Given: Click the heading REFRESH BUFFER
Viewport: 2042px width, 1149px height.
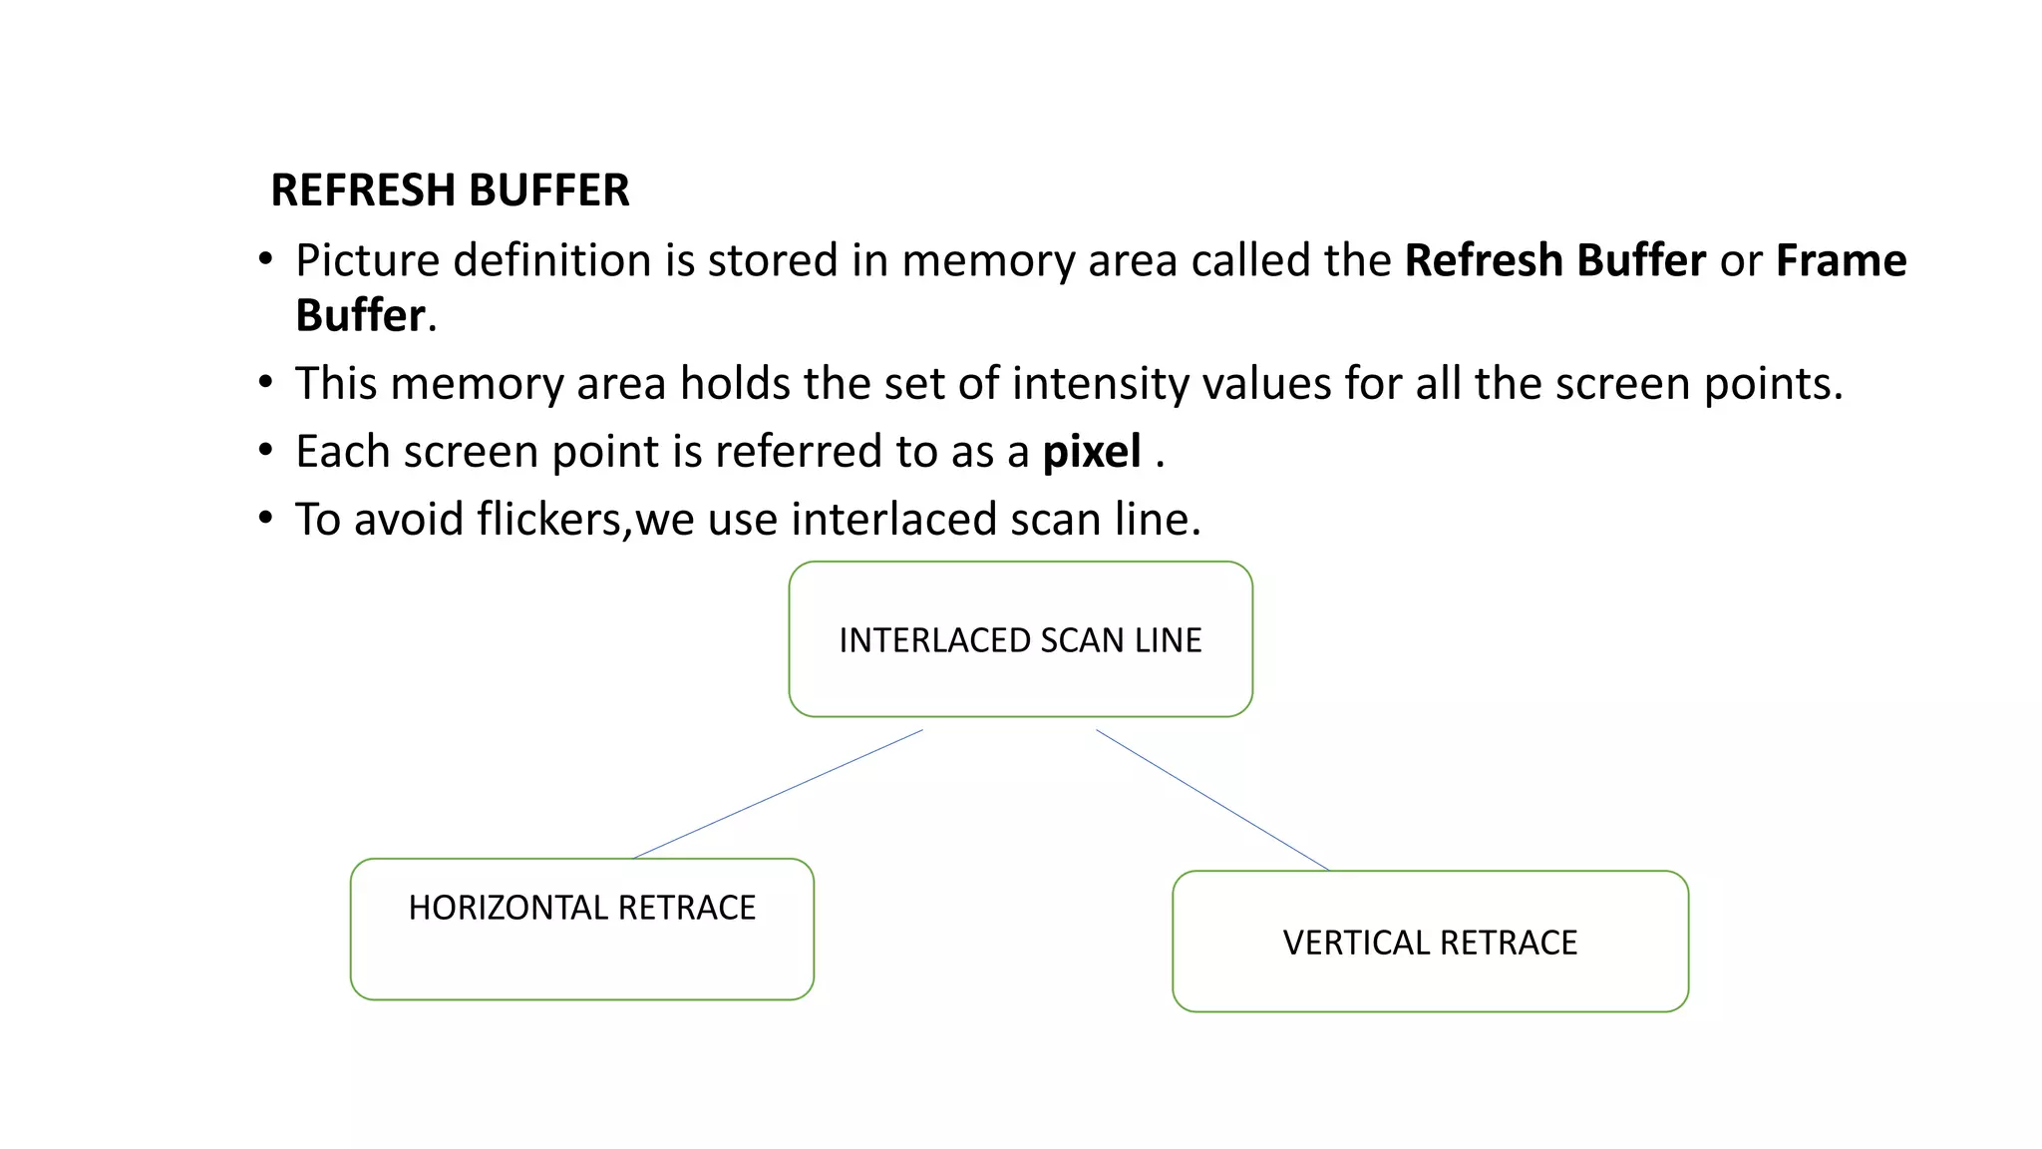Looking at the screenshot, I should [450, 191].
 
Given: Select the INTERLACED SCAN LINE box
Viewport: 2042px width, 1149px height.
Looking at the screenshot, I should [1020, 639].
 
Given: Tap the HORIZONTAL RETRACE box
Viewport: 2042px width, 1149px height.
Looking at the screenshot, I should [581, 929].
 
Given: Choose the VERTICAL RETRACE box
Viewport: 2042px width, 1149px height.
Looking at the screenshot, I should [1430, 942].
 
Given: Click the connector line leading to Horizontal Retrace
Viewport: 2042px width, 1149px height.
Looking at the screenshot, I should [778, 794].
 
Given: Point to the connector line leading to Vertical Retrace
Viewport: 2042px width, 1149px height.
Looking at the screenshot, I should [1212, 800].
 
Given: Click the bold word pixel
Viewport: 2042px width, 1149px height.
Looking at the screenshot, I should [1092, 452].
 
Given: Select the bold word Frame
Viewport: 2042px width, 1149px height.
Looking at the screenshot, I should [1841, 260].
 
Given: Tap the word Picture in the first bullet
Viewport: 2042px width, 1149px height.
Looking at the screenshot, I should [367, 260].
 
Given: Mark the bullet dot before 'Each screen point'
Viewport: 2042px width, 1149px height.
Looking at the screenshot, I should [265, 451].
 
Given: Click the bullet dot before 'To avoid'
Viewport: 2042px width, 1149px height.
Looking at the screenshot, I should [265, 519].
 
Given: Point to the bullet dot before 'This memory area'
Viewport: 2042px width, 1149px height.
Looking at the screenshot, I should [265, 383].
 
